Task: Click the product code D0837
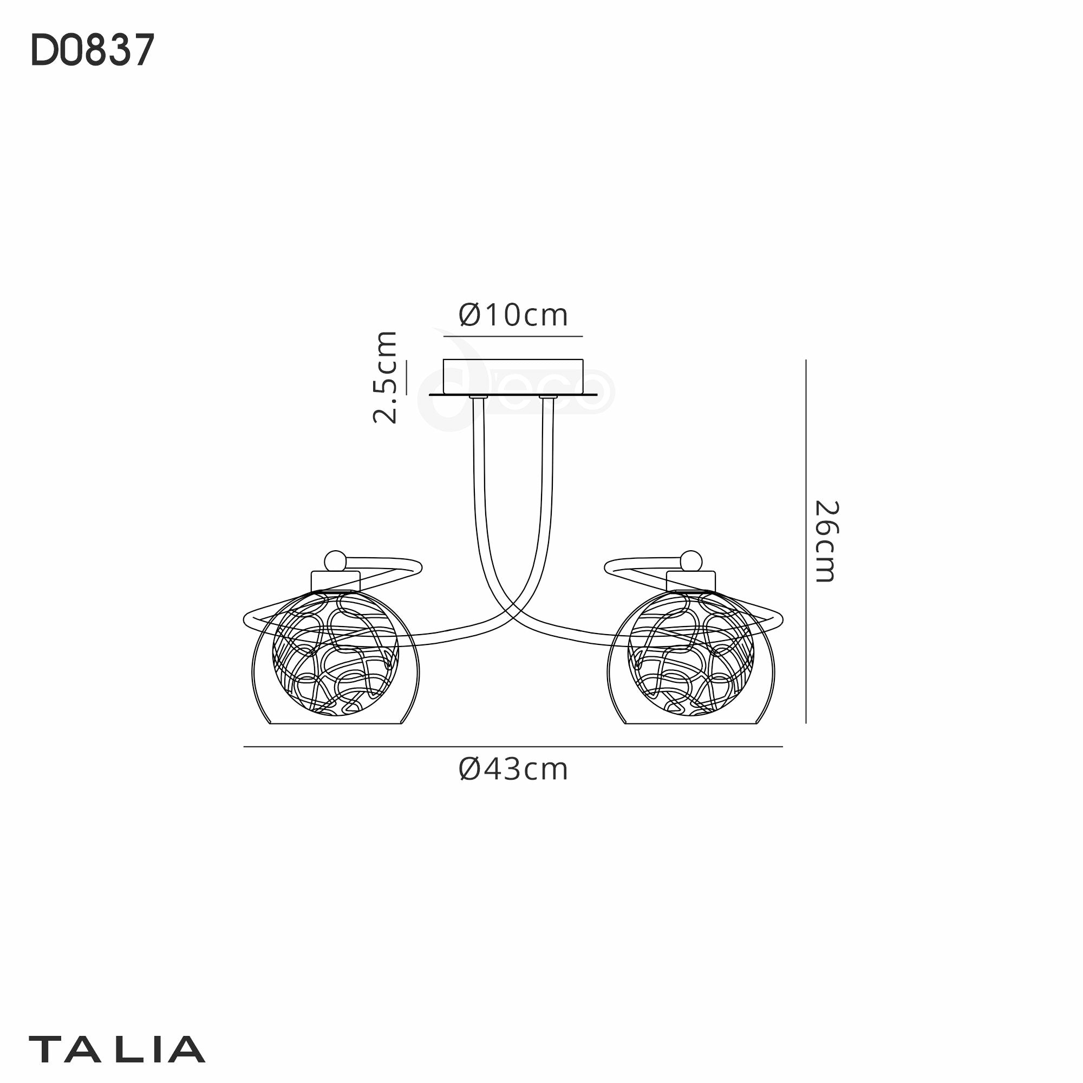coord(93,50)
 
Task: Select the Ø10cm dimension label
coord(513,315)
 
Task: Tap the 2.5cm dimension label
coord(386,377)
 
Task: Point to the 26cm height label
coord(826,541)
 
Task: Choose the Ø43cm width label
coord(513,769)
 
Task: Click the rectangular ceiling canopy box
coord(513,377)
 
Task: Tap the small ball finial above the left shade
coord(335,561)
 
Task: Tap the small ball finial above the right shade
coord(691,561)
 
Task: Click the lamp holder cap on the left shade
coord(335,580)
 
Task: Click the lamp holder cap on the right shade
coord(690,580)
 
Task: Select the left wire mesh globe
coord(335,653)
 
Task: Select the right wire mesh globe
coord(690,653)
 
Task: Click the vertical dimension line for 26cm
coord(806,541)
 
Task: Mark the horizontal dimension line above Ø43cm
coord(513,747)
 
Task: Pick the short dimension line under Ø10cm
coord(513,336)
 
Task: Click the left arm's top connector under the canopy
coord(478,399)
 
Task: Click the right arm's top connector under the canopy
coord(547,399)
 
